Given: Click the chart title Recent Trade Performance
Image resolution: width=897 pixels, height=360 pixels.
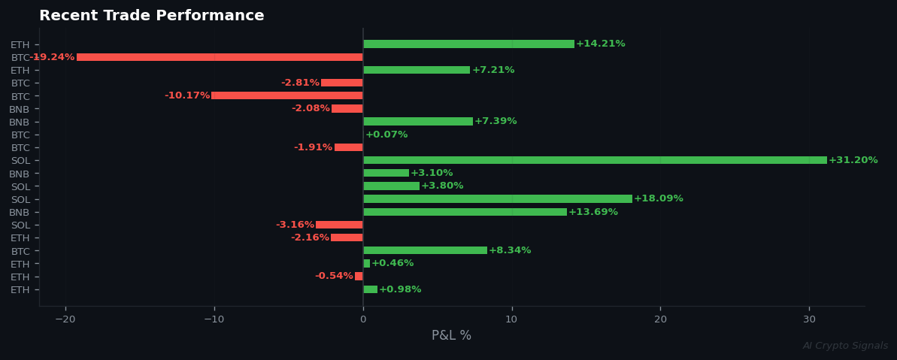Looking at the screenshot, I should pyautogui.click(x=151, y=16).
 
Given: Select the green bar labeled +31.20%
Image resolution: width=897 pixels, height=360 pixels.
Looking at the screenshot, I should pyautogui.click(x=595, y=160).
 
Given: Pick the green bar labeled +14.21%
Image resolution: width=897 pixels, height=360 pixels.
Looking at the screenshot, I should pyautogui.click(x=468, y=44).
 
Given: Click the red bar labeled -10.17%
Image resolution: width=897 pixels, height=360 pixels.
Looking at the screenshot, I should pyautogui.click(x=287, y=95).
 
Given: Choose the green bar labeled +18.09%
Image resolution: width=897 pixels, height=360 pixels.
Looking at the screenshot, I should pyautogui.click(x=498, y=199).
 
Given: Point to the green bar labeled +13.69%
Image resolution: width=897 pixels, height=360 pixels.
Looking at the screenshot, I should pyautogui.click(x=465, y=212).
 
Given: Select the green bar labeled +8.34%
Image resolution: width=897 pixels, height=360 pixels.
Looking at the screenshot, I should pyautogui.click(x=425, y=250).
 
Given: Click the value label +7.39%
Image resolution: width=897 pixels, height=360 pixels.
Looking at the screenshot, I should pyautogui.click(x=495, y=122).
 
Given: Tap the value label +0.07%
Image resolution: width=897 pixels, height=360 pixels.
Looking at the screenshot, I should pyautogui.click(x=386, y=135).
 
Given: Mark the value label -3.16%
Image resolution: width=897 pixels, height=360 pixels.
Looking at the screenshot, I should pyautogui.click(x=295, y=225).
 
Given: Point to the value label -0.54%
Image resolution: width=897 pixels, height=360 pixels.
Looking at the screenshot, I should pyautogui.click(x=334, y=277).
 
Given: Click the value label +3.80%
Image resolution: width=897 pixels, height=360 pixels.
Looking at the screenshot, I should pyautogui.click(x=442, y=186).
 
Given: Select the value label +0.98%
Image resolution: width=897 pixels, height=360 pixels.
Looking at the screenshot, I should pyautogui.click(x=400, y=289).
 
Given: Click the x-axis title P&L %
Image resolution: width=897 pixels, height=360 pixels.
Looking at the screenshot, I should pyautogui.click(x=451, y=335).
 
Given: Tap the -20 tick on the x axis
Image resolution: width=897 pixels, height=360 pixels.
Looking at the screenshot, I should pyautogui.click(x=65, y=319).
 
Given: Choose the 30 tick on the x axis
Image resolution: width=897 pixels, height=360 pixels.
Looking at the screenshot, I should pyautogui.click(x=809, y=319).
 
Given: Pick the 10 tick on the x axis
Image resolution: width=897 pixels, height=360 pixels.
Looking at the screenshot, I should pyautogui.click(x=511, y=319).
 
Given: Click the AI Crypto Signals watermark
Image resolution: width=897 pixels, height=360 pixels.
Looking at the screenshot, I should pyautogui.click(x=845, y=346).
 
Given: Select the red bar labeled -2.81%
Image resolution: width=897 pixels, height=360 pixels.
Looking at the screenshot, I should pyautogui.click(x=342, y=83).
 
